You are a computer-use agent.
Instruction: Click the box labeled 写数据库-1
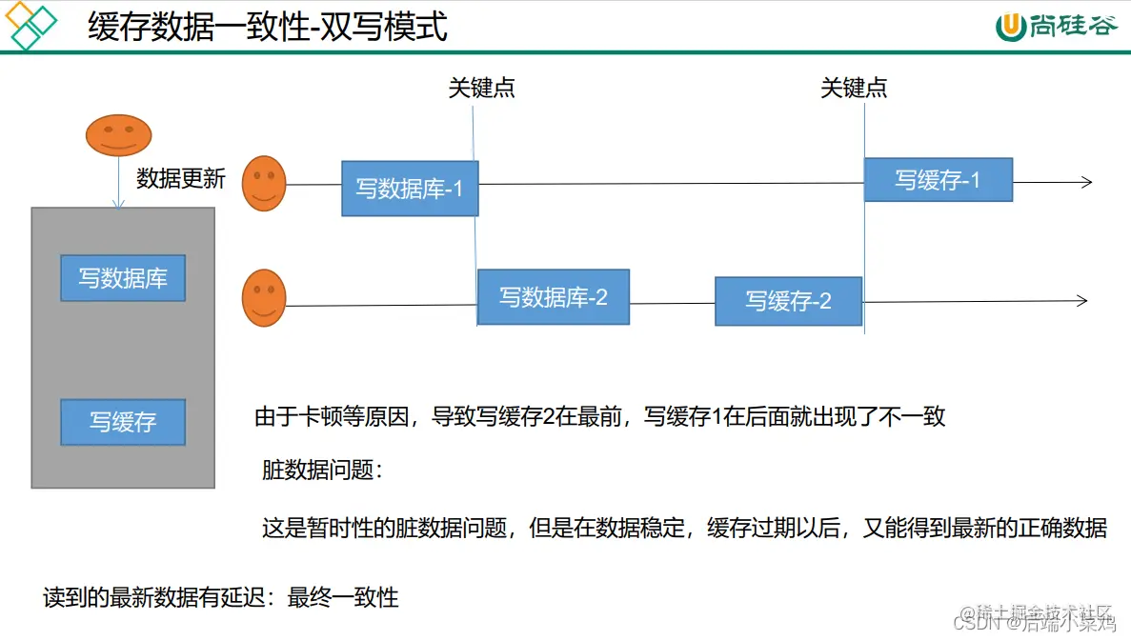click(410, 189)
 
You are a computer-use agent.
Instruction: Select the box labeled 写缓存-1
click(938, 180)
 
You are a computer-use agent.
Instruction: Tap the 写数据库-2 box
click(553, 297)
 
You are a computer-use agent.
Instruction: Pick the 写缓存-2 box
click(788, 301)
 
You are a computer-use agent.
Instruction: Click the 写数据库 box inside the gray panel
click(123, 278)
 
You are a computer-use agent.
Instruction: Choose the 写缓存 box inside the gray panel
click(123, 422)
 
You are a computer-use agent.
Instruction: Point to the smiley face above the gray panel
click(119, 135)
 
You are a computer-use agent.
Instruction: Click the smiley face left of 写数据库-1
click(264, 183)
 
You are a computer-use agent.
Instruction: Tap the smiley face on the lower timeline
click(264, 298)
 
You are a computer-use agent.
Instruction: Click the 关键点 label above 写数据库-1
click(481, 89)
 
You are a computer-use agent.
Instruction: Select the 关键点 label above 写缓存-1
click(854, 89)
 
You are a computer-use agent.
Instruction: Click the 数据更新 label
click(181, 178)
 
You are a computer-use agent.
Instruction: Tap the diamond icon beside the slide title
click(31, 26)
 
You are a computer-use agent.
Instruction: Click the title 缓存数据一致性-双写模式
click(268, 27)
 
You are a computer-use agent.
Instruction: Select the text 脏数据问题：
click(323, 470)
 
